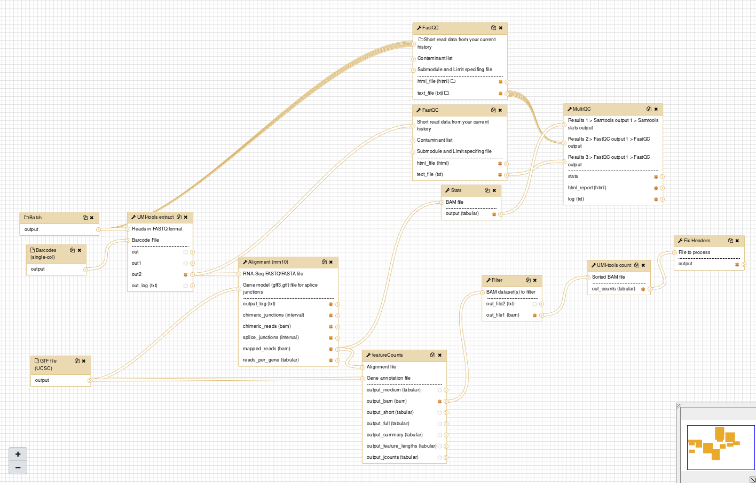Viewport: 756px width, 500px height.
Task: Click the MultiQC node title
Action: (581, 109)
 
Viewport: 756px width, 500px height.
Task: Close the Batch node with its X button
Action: (91, 218)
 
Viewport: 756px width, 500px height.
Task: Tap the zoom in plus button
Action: (18, 455)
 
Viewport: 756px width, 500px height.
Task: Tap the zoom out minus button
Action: (18, 467)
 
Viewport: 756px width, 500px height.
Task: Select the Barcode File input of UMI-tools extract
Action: (145, 240)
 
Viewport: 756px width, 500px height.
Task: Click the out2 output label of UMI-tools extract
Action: (136, 274)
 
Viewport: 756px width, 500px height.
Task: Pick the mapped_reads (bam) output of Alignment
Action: (266, 349)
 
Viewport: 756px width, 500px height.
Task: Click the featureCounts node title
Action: (387, 355)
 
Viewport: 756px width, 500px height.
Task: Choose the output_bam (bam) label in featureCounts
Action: (387, 401)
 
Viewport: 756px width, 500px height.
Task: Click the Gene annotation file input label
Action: (389, 378)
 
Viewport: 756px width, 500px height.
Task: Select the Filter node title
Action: (497, 280)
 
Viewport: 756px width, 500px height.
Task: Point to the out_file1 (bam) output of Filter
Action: (502, 315)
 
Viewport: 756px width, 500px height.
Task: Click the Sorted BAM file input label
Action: (608, 277)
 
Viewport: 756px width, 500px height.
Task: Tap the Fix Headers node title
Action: (697, 241)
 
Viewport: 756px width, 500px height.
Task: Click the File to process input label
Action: (694, 252)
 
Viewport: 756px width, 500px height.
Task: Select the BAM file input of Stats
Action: (454, 202)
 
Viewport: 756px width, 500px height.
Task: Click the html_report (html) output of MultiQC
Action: (587, 188)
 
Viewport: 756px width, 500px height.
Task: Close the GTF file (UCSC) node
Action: (84, 361)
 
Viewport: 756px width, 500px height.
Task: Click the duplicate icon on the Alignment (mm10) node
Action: (324, 262)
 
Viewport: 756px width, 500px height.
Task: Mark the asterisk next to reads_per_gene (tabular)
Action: (331, 360)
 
